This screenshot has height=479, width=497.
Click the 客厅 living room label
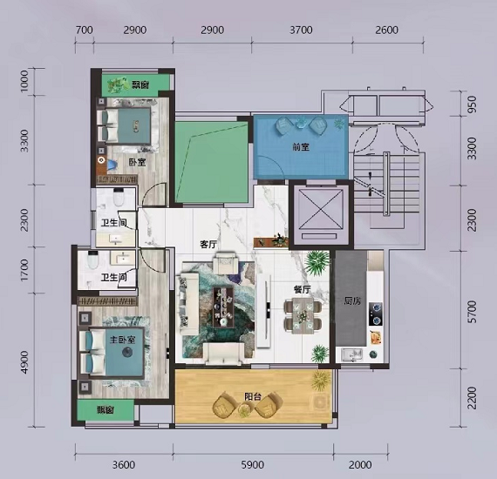click(208, 245)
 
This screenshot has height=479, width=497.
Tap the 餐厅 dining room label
click(302, 289)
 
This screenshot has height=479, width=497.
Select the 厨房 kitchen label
click(352, 300)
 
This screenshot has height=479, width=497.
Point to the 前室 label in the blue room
click(301, 147)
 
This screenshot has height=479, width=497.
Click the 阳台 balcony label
click(253, 396)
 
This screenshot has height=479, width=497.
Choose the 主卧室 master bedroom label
click(123, 340)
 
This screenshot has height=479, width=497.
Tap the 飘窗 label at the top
click(140, 84)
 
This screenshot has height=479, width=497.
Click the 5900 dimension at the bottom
click(253, 465)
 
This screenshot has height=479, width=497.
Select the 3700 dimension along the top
click(301, 30)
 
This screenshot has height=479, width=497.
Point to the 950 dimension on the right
click(472, 105)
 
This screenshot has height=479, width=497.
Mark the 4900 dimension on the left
click(24, 362)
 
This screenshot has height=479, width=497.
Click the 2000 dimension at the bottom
click(360, 465)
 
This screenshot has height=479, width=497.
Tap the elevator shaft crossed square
click(321, 209)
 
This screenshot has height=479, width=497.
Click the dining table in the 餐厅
click(303, 315)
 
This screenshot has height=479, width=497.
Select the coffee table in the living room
click(223, 307)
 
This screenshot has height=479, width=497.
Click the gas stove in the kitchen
click(375, 314)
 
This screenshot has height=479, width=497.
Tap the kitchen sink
click(352, 354)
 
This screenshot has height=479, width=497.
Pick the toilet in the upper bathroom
click(119, 197)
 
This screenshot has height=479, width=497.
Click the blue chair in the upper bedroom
click(112, 165)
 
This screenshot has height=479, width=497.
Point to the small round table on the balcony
click(244, 410)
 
